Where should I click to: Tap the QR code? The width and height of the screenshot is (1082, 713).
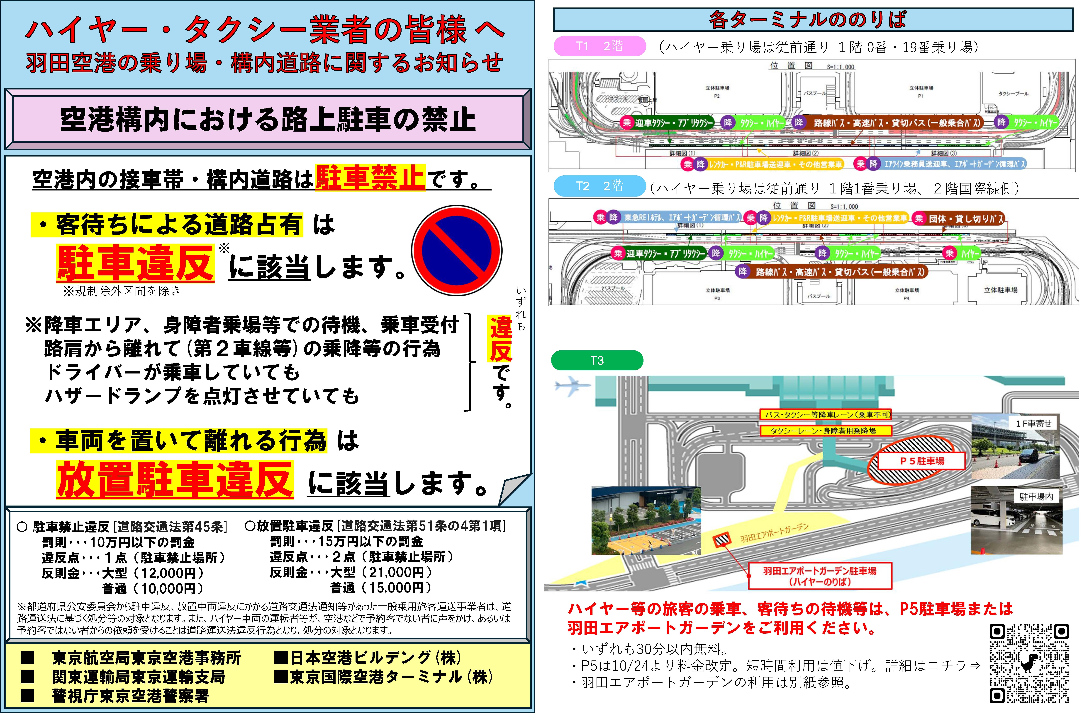(x=1029, y=663)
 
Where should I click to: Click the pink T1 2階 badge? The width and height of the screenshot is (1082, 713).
(x=599, y=46)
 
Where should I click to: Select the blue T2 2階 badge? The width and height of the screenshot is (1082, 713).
(x=599, y=186)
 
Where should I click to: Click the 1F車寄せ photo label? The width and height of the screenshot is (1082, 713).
(x=1033, y=423)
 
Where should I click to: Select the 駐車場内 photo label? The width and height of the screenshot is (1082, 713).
(x=1036, y=497)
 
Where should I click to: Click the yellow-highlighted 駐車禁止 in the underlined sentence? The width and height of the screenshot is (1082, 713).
(x=370, y=177)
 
